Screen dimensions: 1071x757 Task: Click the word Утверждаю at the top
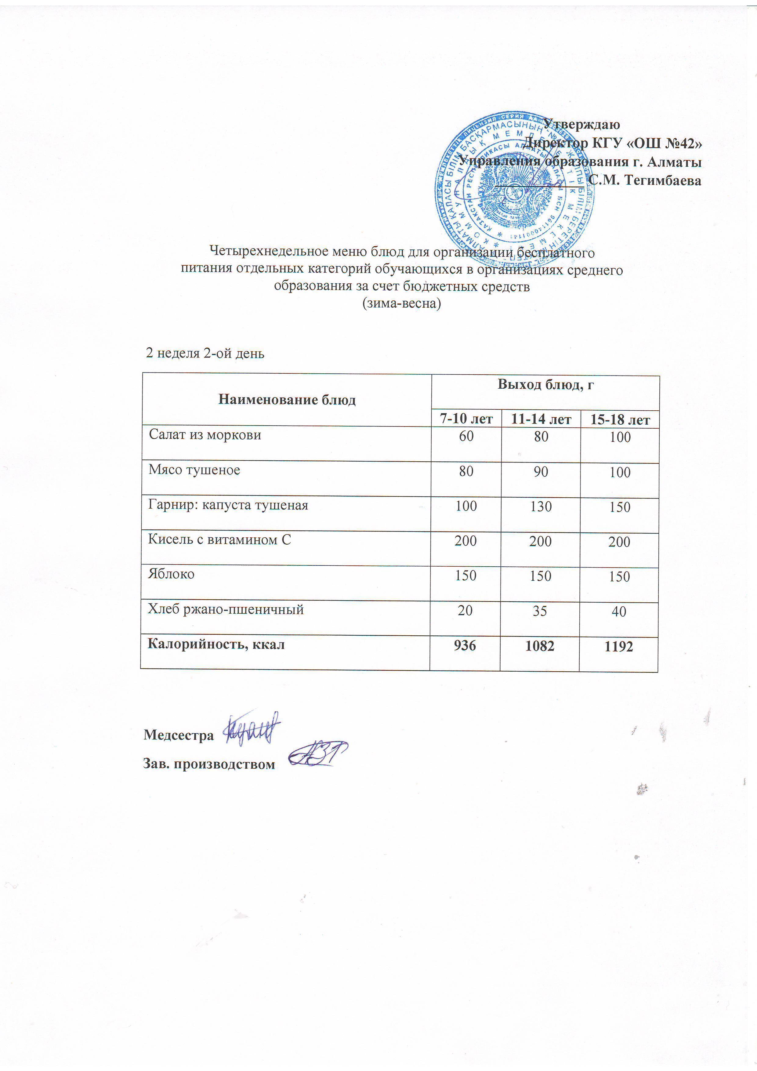(x=581, y=125)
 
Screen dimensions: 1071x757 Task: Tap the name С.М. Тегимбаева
(x=645, y=180)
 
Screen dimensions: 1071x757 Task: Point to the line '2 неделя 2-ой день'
(x=205, y=353)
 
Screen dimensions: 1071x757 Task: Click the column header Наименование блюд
(x=287, y=400)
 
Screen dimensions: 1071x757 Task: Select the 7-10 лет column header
(x=466, y=419)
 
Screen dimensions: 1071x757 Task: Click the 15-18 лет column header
(x=620, y=420)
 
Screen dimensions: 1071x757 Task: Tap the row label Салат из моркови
(x=205, y=435)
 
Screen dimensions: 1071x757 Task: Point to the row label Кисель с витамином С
(x=219, y=540)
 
